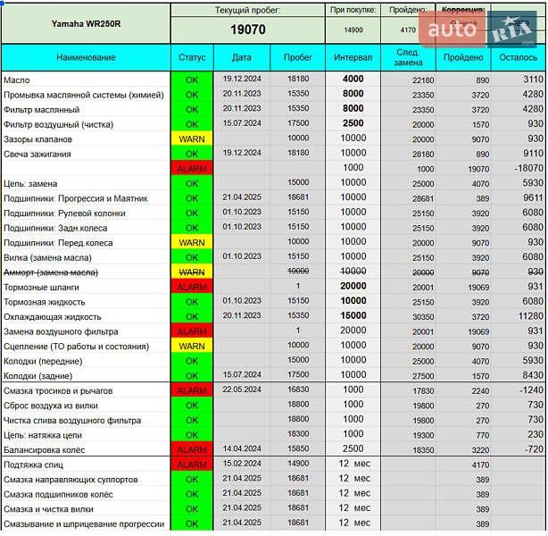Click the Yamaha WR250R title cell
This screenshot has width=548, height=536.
[86, 23]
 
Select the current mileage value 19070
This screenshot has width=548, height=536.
[247, 29]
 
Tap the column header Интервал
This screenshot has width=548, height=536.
[353, 57]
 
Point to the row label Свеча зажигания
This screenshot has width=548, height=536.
[37, 154]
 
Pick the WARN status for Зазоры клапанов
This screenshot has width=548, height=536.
[192, 139]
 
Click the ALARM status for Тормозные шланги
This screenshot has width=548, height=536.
[192, 287]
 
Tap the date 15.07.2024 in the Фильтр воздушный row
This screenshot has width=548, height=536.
[242, 124]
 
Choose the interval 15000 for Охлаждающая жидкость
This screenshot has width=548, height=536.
[353, 316]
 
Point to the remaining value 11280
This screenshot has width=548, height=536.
[530, 316]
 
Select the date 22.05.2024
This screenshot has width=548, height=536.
[242, 390]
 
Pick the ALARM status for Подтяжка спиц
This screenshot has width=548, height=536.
[192, 465]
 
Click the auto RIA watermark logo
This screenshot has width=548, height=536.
[482, 29]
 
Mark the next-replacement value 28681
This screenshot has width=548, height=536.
[423, 198]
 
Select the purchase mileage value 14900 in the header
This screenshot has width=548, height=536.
[353, 29]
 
